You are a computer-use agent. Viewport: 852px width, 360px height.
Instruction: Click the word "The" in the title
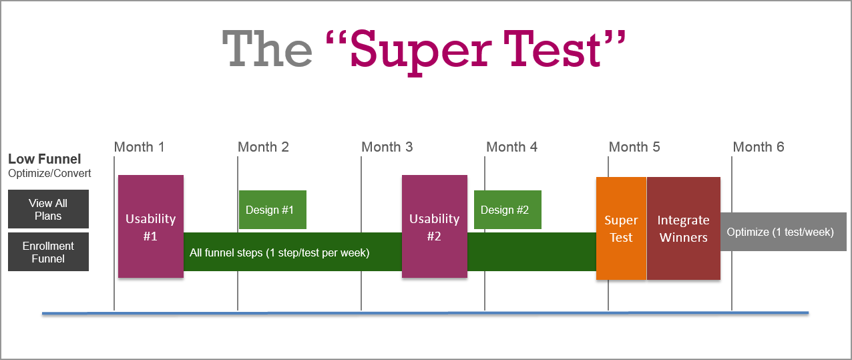(266, 48)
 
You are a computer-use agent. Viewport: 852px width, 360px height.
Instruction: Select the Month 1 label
(139, 147)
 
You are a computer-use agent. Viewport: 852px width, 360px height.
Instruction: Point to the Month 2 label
(263, 147)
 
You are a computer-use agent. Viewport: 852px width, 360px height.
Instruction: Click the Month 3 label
(387, 147)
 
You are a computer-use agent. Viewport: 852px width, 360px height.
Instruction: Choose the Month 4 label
(511, 147)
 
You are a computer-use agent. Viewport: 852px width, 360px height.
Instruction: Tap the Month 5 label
(634, 147)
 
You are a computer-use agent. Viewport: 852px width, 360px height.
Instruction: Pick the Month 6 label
(759, 147)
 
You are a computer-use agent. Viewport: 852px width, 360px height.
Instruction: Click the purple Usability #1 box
(151, 226)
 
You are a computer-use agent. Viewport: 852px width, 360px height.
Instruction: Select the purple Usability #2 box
(435, 226)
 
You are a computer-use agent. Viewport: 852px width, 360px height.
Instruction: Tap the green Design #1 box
(272, 210)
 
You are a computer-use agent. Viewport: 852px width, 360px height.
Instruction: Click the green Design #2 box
(507, 210)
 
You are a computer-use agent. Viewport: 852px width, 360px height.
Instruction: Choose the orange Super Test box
(621, 228)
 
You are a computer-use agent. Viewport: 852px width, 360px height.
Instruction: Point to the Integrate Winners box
(684, 228)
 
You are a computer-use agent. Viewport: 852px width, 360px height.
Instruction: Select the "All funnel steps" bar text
(279, 252)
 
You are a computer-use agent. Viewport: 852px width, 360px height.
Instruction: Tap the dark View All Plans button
(48, 209)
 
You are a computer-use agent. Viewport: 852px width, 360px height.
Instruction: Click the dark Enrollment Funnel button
(48, 252)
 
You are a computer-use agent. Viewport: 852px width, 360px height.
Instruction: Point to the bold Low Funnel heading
(45, 159)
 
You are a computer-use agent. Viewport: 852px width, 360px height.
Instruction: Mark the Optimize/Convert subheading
(49, 174)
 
